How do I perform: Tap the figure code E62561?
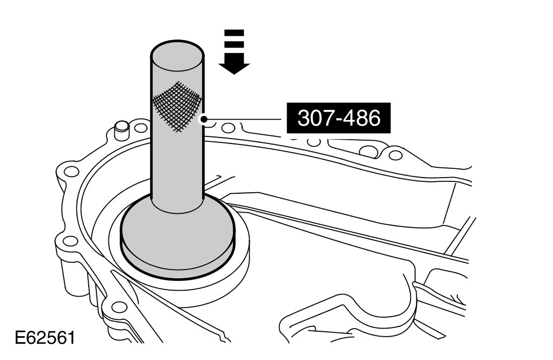[x=44, y=339]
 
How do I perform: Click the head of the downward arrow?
[x=234, y=66]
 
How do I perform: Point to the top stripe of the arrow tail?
[x=235, y=32]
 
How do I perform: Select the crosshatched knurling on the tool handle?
[x=177, y=105]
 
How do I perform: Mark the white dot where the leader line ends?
[x=205, y=119]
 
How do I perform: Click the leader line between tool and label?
[x=244, y=119]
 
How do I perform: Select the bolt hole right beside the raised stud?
[x=141, y=129]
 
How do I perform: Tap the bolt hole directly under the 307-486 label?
[x=313, y=142]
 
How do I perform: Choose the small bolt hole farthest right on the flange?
[x=396, y=155]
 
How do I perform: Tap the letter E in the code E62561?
[x=19, y=339]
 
